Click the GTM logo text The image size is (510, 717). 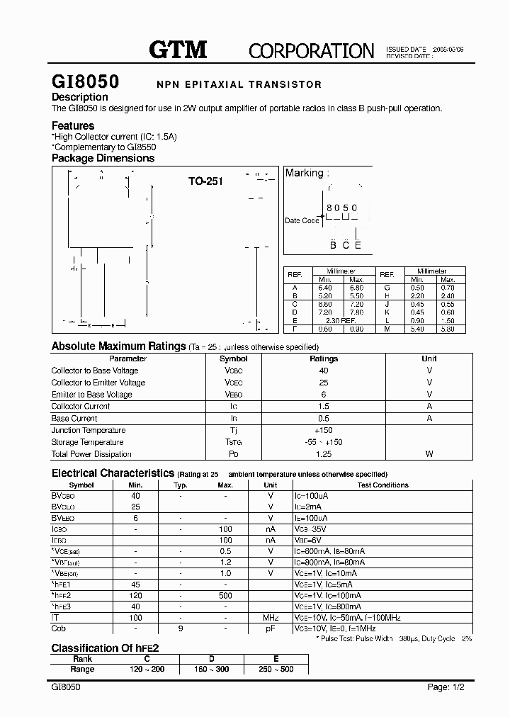(x=177, y=49)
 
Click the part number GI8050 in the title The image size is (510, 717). (x=85, y=81)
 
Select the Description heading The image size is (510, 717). (x=80, y=97)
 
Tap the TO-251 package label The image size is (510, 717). (x=205, y=181)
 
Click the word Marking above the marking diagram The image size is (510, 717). (x=304, y=173)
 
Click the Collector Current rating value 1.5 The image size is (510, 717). (x=324, y=407)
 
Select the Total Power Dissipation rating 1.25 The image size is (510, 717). (x=324, y=454)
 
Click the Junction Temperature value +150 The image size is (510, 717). (x=324, y=431)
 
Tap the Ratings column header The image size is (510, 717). (x=324, y=358)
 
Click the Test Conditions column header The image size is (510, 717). (x=382, y=485)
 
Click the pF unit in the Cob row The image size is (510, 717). (x=270, y=628)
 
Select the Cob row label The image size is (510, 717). (x=59, y=628)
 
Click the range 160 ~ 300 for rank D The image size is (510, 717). (x=212, y=669)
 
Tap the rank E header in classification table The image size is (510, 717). (x=276, y=659)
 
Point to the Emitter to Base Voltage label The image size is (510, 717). (x=91, y=395)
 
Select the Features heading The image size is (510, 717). (x=73, y=125)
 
